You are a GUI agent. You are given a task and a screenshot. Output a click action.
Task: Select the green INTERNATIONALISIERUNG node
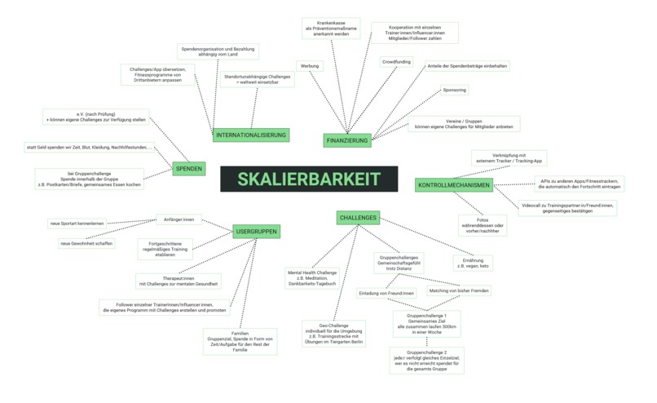[252, 135]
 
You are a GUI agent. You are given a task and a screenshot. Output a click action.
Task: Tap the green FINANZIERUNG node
[347, 140]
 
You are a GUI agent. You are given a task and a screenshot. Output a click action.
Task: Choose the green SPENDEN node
[188, 169]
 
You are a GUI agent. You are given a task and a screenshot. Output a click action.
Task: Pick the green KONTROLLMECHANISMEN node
[453, 185]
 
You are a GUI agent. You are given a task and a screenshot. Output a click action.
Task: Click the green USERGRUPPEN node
[256, 232]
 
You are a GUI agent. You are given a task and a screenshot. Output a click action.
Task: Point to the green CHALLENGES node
[358, 218]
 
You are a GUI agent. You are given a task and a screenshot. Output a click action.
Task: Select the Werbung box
[309, 65]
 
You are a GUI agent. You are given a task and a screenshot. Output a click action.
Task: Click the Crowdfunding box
[396, 61]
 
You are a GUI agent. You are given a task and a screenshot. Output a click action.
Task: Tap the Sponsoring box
[454, 90]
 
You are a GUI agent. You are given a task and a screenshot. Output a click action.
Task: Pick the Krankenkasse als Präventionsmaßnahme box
[330, 29]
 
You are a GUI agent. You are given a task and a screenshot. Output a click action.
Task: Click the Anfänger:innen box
[179, 219]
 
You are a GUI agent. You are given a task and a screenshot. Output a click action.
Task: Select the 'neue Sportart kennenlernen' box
[77, 224]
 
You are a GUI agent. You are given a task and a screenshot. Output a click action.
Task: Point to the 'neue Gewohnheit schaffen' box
[86, 243]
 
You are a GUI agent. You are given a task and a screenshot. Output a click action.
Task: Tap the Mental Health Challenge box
[311, 277]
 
